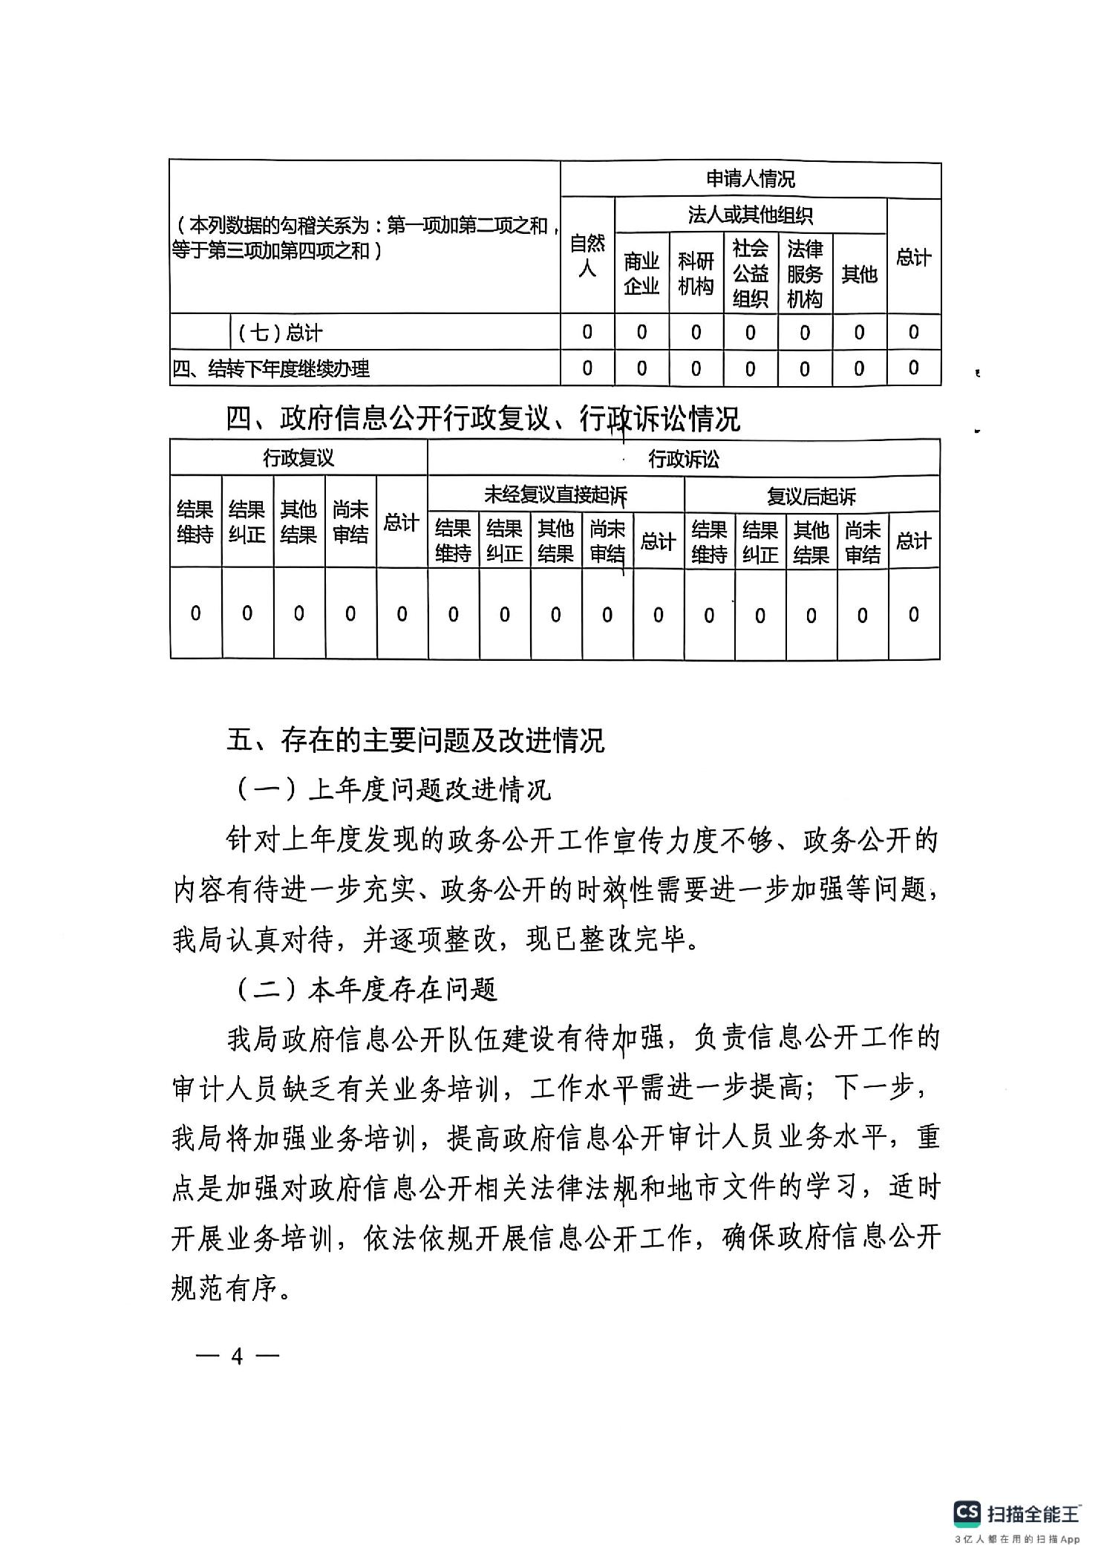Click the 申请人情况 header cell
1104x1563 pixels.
tap(750, 179)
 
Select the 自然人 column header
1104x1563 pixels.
tap(587, 255)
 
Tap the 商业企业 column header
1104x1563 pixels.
tap(641, 273)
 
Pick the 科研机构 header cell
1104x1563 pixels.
tap(696, 273)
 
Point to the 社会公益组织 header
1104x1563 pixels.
tap(750, 273)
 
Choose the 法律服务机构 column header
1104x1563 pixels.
tap(805, 273)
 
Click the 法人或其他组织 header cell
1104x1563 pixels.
tap(750, 215)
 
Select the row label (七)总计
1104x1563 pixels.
tap(280, 333)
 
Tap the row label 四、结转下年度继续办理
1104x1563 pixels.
tap(271, 368)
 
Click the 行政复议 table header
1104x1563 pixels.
tap(298, 458)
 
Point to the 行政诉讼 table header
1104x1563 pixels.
tap(683, 459)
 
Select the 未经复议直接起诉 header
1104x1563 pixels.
tap(555, 495)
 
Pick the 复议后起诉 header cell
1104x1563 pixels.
tap(811, 495)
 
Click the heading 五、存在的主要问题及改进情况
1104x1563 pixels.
tap(416, 740)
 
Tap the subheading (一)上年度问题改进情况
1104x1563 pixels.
tap(393, 789)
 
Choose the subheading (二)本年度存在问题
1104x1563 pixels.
tap(367, 989)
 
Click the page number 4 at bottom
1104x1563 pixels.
tap(237, 1357)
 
